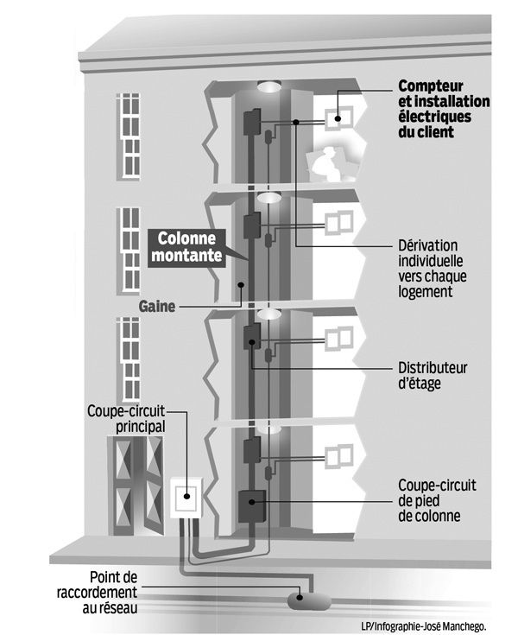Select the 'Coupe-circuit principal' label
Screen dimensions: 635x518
click(126, 417)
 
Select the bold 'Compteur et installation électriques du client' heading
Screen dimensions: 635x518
click(442, 109)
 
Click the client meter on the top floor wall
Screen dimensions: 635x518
click(336, 118)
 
